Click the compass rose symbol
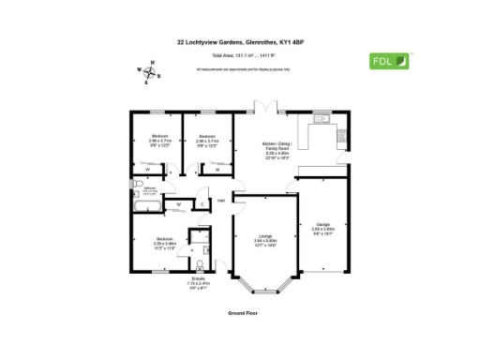(148, 71)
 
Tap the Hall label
(221, 201)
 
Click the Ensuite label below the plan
(198, 282)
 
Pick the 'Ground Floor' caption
(242, 312)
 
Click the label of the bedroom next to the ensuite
(164, 243)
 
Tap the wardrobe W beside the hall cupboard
(178, 202)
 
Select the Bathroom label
(149, 189)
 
